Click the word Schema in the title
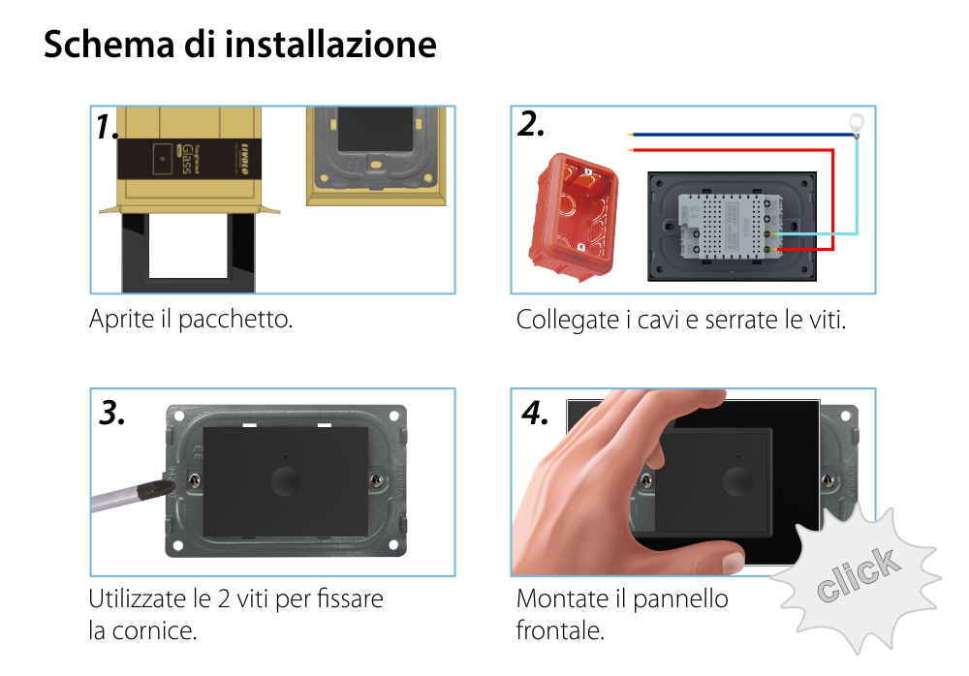click(x=100, y=45)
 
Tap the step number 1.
click(x=107, y=127)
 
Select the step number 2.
click(x=531, y=124)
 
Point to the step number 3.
click(x=112, y=413)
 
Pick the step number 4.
click(x=535, y=413)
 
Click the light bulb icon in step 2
click(x=856, y=123)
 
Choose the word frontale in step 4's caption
click(x=559, y=630)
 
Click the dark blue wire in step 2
click(x=736, y=137)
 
